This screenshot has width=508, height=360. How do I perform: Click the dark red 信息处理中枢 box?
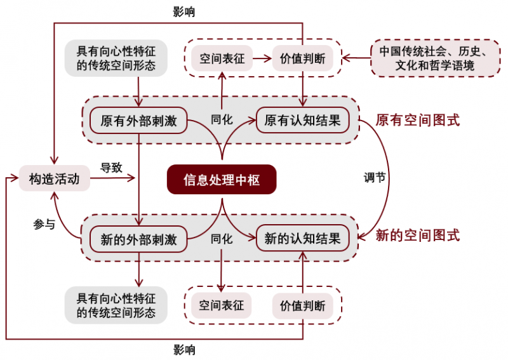(222, 180)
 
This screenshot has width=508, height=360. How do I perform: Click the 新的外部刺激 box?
(138, 239)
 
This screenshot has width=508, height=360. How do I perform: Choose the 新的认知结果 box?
(303, 239)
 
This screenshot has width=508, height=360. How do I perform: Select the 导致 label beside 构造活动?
(111, 168)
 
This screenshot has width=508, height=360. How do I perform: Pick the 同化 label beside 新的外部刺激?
(222, 239)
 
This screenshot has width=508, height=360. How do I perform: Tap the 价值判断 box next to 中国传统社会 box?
(302, 59)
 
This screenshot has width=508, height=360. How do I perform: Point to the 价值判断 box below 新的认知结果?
(302, 306)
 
